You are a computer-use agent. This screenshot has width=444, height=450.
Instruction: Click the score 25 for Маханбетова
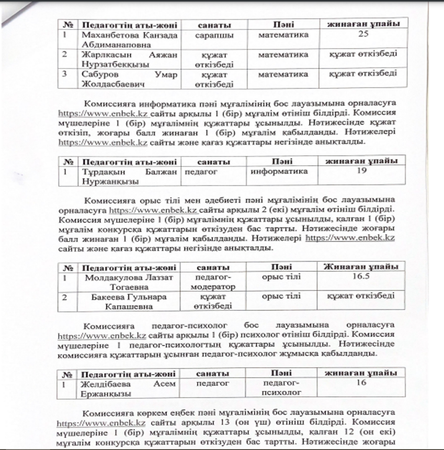[362, 35]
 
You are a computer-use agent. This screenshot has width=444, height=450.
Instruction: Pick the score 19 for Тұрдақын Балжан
[362, 171]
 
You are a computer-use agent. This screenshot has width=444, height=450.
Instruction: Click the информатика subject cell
[279, 172]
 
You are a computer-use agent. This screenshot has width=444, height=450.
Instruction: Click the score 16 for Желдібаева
[362, 383]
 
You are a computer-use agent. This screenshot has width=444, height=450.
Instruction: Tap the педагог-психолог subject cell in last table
[281, 388]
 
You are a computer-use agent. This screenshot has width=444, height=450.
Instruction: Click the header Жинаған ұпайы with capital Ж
[362, 265]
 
